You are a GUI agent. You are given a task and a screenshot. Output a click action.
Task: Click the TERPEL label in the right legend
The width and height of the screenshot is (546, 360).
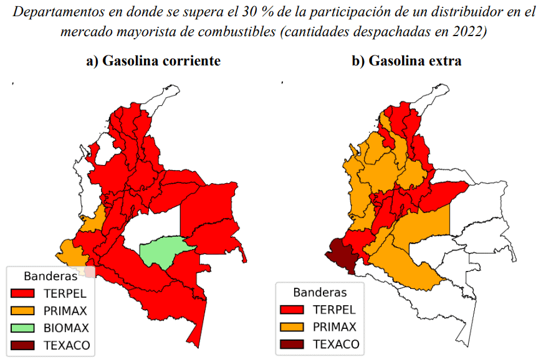coord(334,310)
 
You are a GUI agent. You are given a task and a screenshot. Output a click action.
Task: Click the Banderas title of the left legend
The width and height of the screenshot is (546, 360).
coord(50,275)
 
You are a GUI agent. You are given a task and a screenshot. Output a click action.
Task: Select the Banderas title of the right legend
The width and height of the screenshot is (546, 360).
coord(320,291)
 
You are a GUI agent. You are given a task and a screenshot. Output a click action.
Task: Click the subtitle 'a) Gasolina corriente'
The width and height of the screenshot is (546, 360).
coord(153,61)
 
